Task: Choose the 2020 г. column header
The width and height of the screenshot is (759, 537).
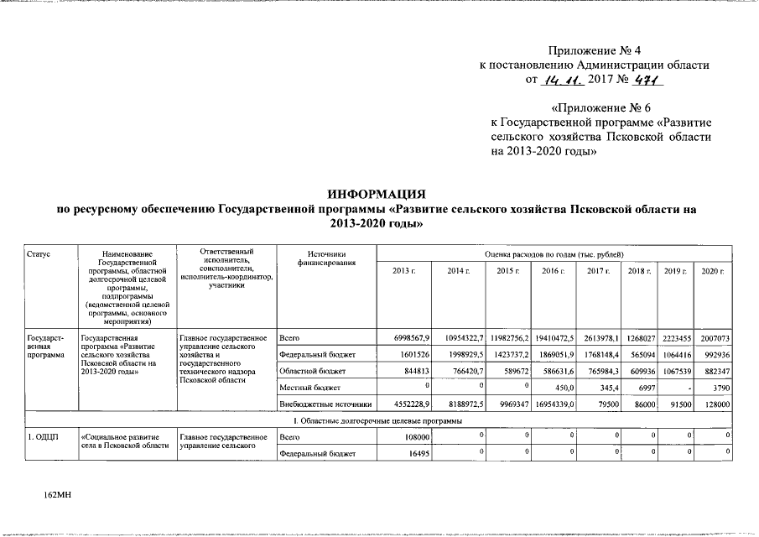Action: tap(712, 271)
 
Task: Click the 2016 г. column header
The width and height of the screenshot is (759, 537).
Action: tap(553, 271)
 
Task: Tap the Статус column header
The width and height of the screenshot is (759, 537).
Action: tap(38, 253)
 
